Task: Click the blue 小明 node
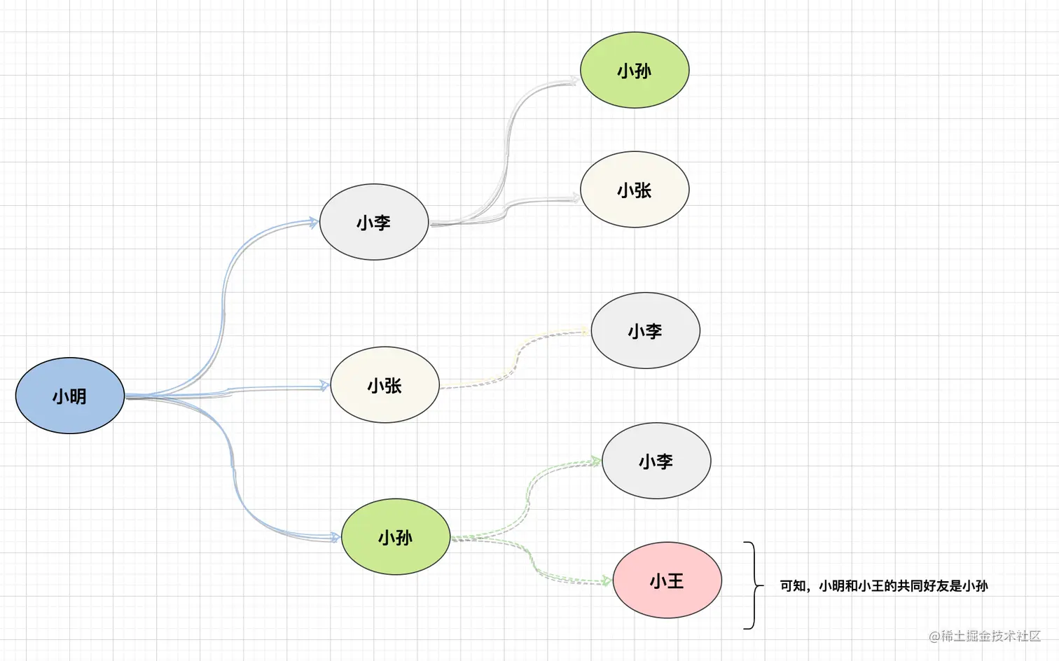[x=70, y=396]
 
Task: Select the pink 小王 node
[x=667, y=580]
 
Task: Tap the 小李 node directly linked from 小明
[x=373, y=222]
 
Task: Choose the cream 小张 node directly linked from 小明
[x=385, y=385]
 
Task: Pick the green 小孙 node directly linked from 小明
[x=396, y=537]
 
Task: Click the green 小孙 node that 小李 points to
[x=635, y=70]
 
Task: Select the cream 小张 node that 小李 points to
[x=635, y=190]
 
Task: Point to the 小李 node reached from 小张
[x=645, y=330]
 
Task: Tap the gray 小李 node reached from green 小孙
[x=656, y=461]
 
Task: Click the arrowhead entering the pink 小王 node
[x=607, y=581]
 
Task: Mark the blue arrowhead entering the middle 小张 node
[x=324, y=385]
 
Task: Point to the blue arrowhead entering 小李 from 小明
[x=313, y=222]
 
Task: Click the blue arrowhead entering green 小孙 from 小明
[x=335, y=537]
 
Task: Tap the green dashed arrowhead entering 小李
[x=595, y=461]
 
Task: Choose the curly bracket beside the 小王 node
[x=754, y=585]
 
